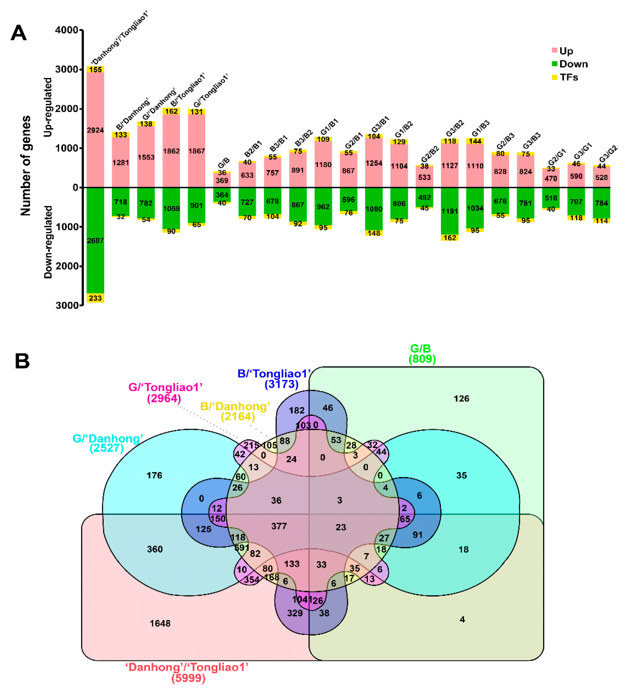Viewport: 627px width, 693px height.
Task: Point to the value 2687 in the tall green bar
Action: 95,241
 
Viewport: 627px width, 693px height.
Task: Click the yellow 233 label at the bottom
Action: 95,298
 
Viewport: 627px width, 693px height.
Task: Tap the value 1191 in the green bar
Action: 450,211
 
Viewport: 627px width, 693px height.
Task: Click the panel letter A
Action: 19,33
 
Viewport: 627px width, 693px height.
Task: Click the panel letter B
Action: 22,361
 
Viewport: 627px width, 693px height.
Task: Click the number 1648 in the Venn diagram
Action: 160,623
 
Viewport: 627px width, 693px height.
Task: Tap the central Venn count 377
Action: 279,526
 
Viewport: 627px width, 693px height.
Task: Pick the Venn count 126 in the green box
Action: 461,399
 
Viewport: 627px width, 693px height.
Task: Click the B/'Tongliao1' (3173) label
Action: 275,379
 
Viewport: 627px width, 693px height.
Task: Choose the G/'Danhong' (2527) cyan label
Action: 108,443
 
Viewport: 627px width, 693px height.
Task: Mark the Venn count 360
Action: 155,549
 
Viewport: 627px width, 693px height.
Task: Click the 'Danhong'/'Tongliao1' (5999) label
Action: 187,672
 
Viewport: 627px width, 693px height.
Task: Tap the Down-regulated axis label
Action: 48,242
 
